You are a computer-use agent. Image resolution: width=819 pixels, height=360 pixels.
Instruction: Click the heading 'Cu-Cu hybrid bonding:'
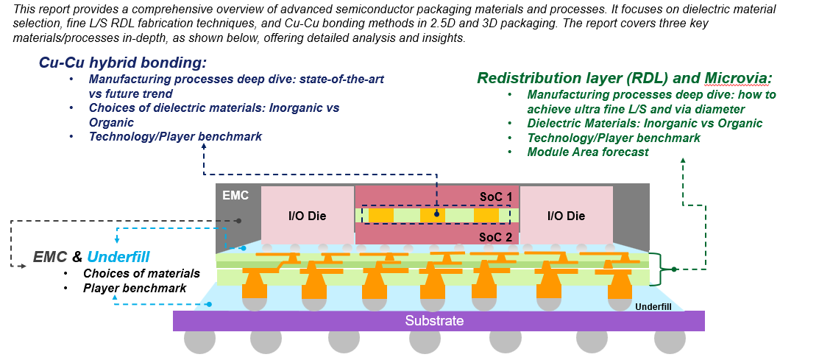tap(122, 63)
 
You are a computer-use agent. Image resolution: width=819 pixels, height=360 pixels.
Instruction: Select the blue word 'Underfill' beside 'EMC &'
tap(118, 257)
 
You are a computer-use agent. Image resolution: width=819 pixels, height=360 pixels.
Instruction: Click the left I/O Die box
tap(307, 216)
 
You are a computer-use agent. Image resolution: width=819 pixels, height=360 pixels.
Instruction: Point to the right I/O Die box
tap(566, 216)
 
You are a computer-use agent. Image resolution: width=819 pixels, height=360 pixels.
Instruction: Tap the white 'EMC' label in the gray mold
tap(235, 196)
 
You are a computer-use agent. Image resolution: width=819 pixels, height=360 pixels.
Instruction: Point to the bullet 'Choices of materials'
tap(141, 274)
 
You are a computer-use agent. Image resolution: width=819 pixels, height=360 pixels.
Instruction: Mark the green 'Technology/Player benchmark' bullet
tap(614, 138)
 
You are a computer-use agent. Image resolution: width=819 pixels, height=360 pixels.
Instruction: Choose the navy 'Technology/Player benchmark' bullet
tap(175, 136)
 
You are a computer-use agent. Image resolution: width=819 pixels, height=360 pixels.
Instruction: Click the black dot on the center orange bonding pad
tap(437, 215)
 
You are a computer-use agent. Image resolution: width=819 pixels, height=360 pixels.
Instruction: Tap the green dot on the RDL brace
tap(673, 269)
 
